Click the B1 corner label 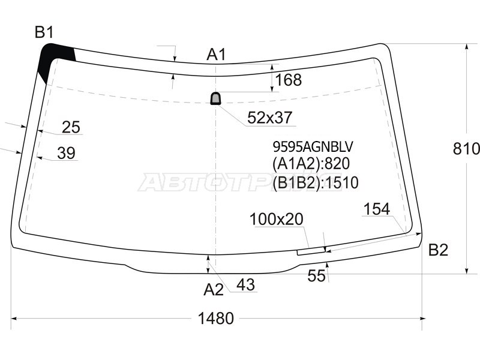(x=44, y=32)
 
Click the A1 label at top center (x=216, y=55)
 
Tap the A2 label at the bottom (x=213, y=290)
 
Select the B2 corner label (x=438, y=250)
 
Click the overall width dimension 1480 (x=216, y=319)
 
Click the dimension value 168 (x=289, y=80)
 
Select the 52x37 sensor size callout (x=270, y=118)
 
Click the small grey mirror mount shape (x=215, y=98)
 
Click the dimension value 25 (x=71, y=127)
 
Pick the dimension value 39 (x=67, y=154)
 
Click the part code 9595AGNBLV (x=313, y=146)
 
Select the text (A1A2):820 (x=311, y=164)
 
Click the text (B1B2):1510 (x=315, y=182)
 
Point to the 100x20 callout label (x=277, y=220)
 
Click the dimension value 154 (x=377, y=209)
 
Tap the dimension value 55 (x=316, y=275)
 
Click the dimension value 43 (x=245, y=286)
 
